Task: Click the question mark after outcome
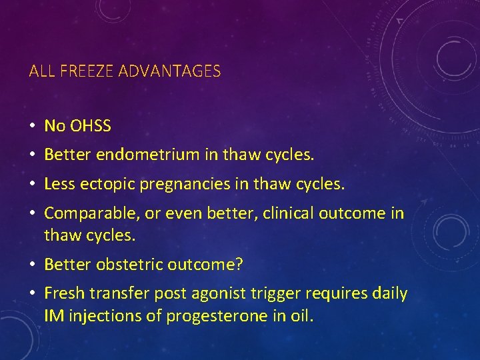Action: click(239, 265)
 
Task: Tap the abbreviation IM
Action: click(53, 316)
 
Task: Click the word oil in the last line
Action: click(301, 316)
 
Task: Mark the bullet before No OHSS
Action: click(32, 126)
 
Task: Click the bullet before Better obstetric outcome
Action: click(32, 265)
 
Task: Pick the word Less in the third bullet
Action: click(58, 184)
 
